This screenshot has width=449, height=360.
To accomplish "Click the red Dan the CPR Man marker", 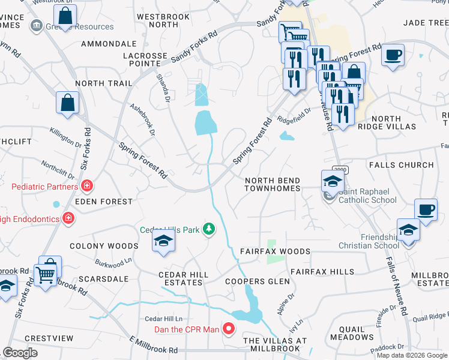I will (228, 328).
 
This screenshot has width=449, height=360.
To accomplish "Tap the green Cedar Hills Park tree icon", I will (209, 229).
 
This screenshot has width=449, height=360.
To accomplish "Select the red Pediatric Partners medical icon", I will (87, 187).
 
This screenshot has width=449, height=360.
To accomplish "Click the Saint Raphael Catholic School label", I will (366, 196).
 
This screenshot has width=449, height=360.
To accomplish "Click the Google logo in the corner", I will (20, 353).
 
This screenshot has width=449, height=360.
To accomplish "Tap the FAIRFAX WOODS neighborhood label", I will (275, 251).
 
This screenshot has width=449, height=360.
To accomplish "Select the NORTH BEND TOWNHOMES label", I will (272, 184).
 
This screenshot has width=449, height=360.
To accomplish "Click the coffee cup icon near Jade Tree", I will (393, 55).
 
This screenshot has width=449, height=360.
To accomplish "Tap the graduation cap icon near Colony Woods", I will (162, 242).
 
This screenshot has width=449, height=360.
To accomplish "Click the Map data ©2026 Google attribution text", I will (412, 355).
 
